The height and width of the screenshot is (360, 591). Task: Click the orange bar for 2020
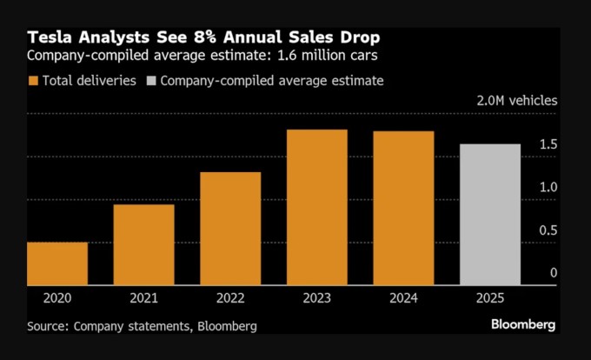tap(56, 263)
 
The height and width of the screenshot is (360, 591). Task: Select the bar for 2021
tap(143, 244)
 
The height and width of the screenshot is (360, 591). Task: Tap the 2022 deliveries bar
tap(230, 229)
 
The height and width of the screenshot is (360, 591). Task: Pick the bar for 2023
tap(316, 207)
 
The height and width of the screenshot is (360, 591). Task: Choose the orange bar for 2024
tap(403, 208)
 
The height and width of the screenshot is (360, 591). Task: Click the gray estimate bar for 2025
tap(489, 215)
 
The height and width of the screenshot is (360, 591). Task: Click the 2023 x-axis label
tap(316, 297)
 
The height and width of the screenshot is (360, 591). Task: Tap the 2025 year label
tap(489, 297)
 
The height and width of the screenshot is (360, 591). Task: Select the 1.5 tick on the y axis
tap(548, 144)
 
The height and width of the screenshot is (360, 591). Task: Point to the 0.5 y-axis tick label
tap(548, 230)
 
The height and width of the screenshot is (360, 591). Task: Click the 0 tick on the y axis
tap(553, 273)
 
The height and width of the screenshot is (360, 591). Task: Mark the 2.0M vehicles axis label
tap(517, 102)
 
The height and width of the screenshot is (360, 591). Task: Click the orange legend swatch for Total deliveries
tap(33, 81)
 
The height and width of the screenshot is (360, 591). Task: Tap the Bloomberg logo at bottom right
tap(522, 324)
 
